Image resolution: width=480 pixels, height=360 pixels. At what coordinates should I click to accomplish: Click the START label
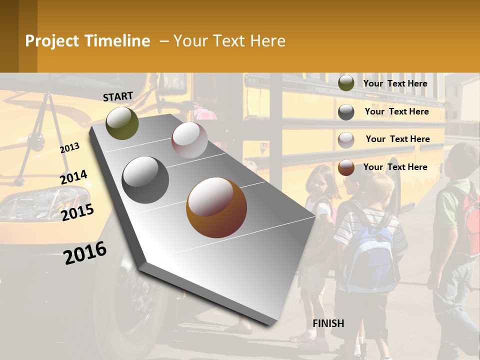pyautogui.click(x=118, y=96)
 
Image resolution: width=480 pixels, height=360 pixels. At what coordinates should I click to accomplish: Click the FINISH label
pyautogui.click(x=328, y=323)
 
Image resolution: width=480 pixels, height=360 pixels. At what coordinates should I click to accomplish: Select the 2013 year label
pyautogui.click(x=70, y=148)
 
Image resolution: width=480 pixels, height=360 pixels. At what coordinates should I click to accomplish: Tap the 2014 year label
pyautogui.click(x=73, y=177)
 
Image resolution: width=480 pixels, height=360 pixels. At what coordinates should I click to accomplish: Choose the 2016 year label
pyautogui.click(x=85, y=252)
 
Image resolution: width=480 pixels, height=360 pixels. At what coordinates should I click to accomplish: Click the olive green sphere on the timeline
pyautogui.click(x=122, y=123)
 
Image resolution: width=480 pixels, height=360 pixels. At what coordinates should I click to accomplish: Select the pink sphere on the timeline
pyautogui.click(x=189, y=139)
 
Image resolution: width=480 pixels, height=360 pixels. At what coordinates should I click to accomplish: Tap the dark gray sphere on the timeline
pyautogui.click(x=145, y=179)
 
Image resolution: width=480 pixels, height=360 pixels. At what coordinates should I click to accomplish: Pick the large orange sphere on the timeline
pyautogui.click(x=216, y=207)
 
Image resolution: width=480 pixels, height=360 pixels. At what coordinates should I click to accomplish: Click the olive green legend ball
pyautogui.click(x=346, y=83)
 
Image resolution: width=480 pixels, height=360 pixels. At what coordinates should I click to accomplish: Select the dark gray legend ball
pyautogui.click(x=346, y=112)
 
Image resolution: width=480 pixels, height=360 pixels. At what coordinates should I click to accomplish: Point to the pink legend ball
pyautogui.click(x=346, y=140)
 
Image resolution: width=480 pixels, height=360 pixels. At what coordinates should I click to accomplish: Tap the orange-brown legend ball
pyautogui.click(x=346, y=167)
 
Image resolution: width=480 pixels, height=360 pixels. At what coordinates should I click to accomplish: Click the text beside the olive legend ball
pyautogui.click(x=395, y=83)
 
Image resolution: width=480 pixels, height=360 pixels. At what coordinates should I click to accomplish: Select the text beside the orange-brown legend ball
pyautogui.click(x=395, y=167)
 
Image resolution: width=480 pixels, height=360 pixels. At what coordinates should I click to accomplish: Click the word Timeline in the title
pyautogui.click(x=117, y=41)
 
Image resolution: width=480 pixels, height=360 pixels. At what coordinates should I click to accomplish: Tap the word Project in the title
pyautogui.click(x=52, y=41)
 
